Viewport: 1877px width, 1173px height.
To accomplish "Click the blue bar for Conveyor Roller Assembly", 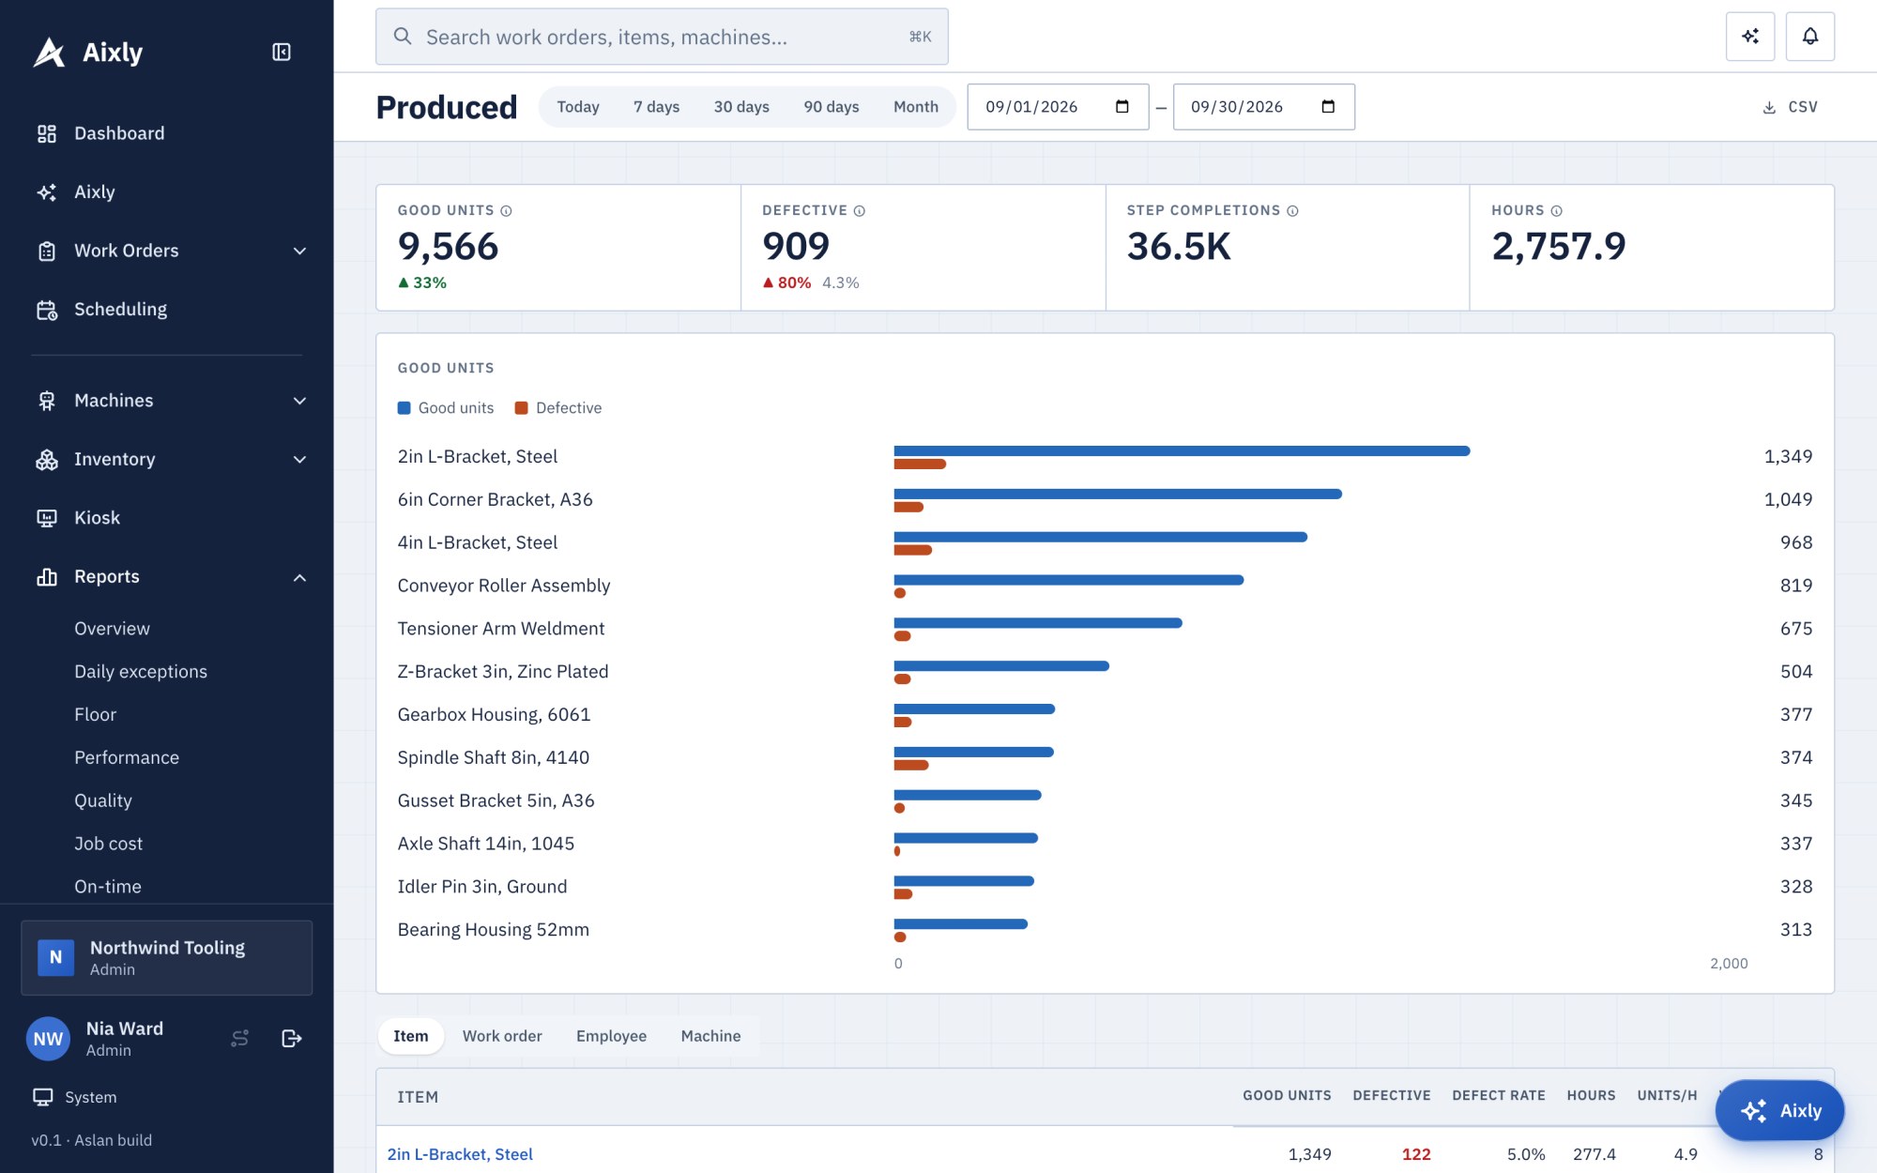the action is [1069, 580].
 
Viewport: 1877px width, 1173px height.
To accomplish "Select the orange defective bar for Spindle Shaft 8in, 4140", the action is [911, 765].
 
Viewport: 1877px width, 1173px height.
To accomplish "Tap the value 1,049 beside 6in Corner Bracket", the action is [1788, 499].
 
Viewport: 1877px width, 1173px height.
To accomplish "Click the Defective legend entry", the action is [558, 408].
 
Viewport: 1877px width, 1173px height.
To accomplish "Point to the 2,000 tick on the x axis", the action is [1729, 964].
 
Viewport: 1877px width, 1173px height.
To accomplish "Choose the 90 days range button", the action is [831, 107].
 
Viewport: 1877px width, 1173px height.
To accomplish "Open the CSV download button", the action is [1790, 107].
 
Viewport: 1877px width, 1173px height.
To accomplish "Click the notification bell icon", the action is [1809, 37].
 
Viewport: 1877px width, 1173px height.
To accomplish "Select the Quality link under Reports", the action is [103, 800].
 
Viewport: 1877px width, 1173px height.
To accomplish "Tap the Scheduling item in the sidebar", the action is [120, 310].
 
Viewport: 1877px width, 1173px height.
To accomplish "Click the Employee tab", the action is [611, 1036].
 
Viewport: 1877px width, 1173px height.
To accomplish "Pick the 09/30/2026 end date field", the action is [1263, 107].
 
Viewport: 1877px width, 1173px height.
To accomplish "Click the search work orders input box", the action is [662, 37].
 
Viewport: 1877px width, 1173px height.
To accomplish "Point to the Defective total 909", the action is [796, 246].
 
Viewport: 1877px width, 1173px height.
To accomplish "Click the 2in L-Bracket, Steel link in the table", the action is [460, 1154].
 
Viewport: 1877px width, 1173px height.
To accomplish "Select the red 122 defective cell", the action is [1416, 1154].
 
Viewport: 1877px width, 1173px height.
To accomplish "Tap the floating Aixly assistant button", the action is [1779, 1111].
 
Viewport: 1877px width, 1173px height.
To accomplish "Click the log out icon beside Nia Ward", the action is [292, 1039].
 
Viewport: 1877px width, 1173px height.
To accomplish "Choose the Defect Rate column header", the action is [1498, 1096].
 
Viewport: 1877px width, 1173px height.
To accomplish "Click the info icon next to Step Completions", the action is [1292, 211].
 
